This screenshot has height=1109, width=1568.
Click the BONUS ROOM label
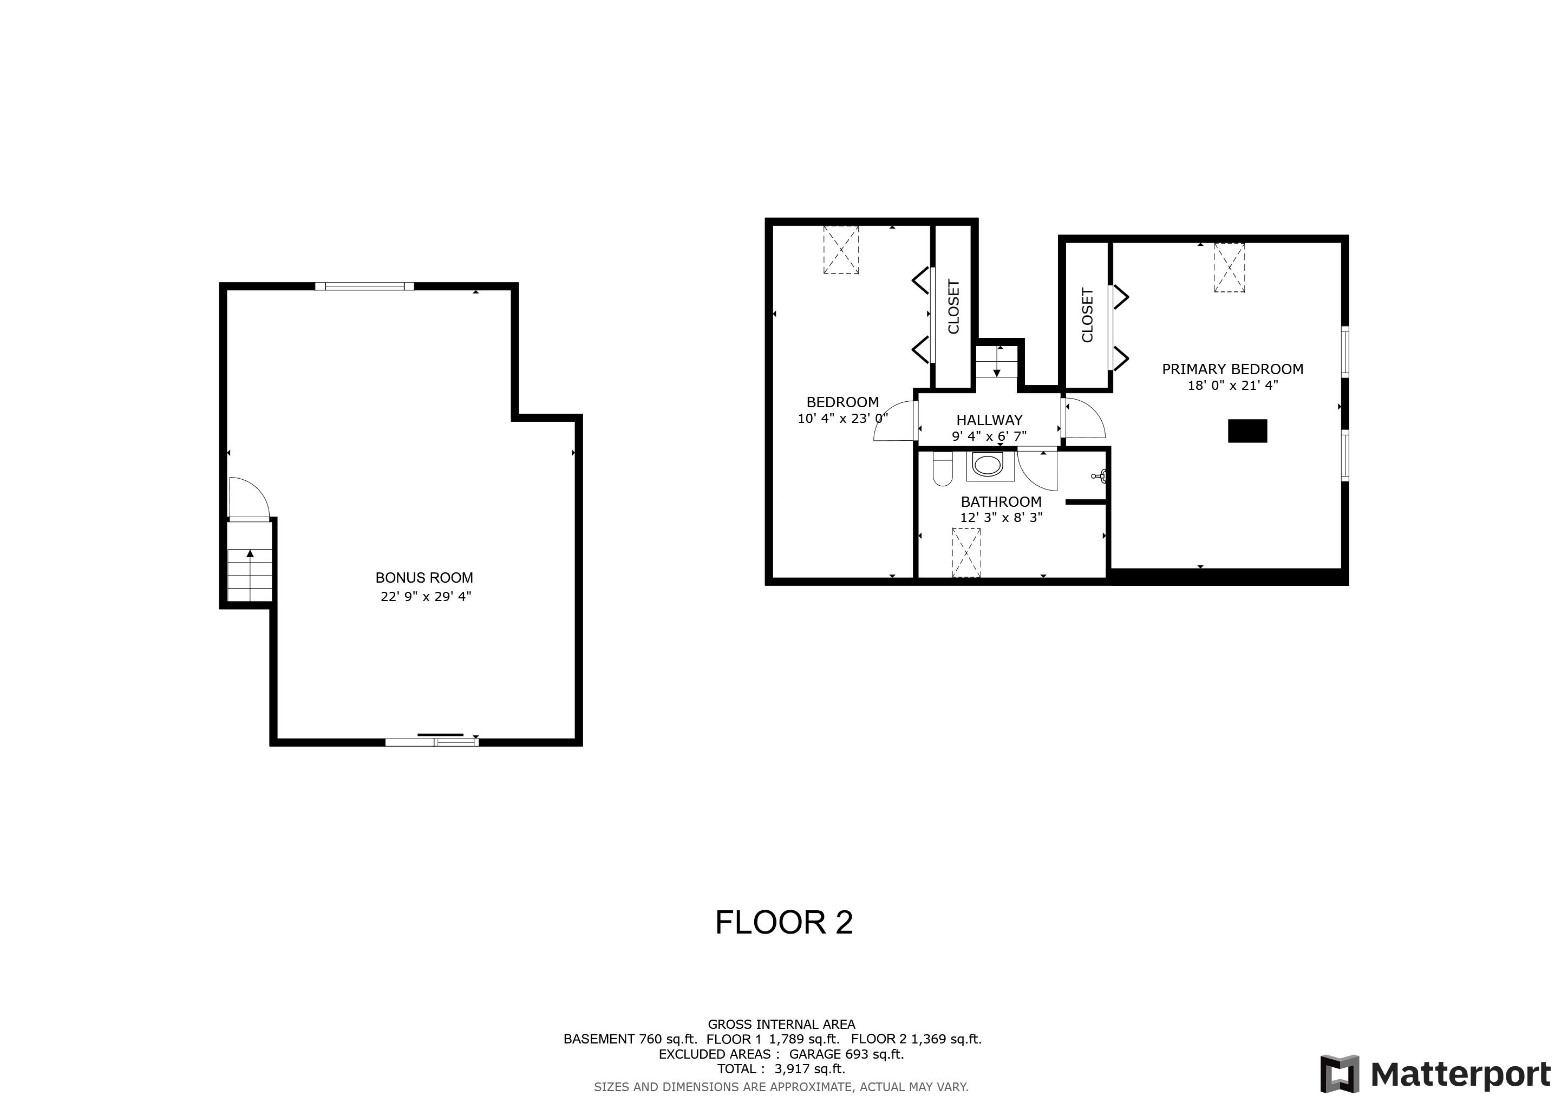[x=424, y=578]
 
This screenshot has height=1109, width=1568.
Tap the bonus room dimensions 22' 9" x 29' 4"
[x=426, y=596]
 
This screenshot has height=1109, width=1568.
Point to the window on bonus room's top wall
[x=365, y=286]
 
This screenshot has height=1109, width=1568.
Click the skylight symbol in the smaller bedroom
[x=841, y=250]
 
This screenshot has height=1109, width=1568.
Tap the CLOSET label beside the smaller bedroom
[x=953, y=306]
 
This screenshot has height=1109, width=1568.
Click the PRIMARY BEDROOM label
[x=1232, y=369]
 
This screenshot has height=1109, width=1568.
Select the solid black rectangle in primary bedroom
[x=1247, y=431]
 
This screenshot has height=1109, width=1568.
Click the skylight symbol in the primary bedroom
[x=1229, y=268]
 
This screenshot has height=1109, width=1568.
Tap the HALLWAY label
[x=989, y=420]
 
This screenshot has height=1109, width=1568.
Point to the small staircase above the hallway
[x=996, y=362]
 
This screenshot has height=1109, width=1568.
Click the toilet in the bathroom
[x=943, y=469]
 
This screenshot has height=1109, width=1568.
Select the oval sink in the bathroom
[x=988, y=466]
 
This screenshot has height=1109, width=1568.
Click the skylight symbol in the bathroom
[x=966, y=552]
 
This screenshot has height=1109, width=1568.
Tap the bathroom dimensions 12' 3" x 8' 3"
[x=1001, y=518]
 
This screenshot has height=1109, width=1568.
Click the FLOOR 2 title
[x=783, y=923]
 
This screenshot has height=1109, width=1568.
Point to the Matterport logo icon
[x=1339, y=1074]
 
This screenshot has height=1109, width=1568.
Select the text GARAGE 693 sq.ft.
[x=846, y=1054]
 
